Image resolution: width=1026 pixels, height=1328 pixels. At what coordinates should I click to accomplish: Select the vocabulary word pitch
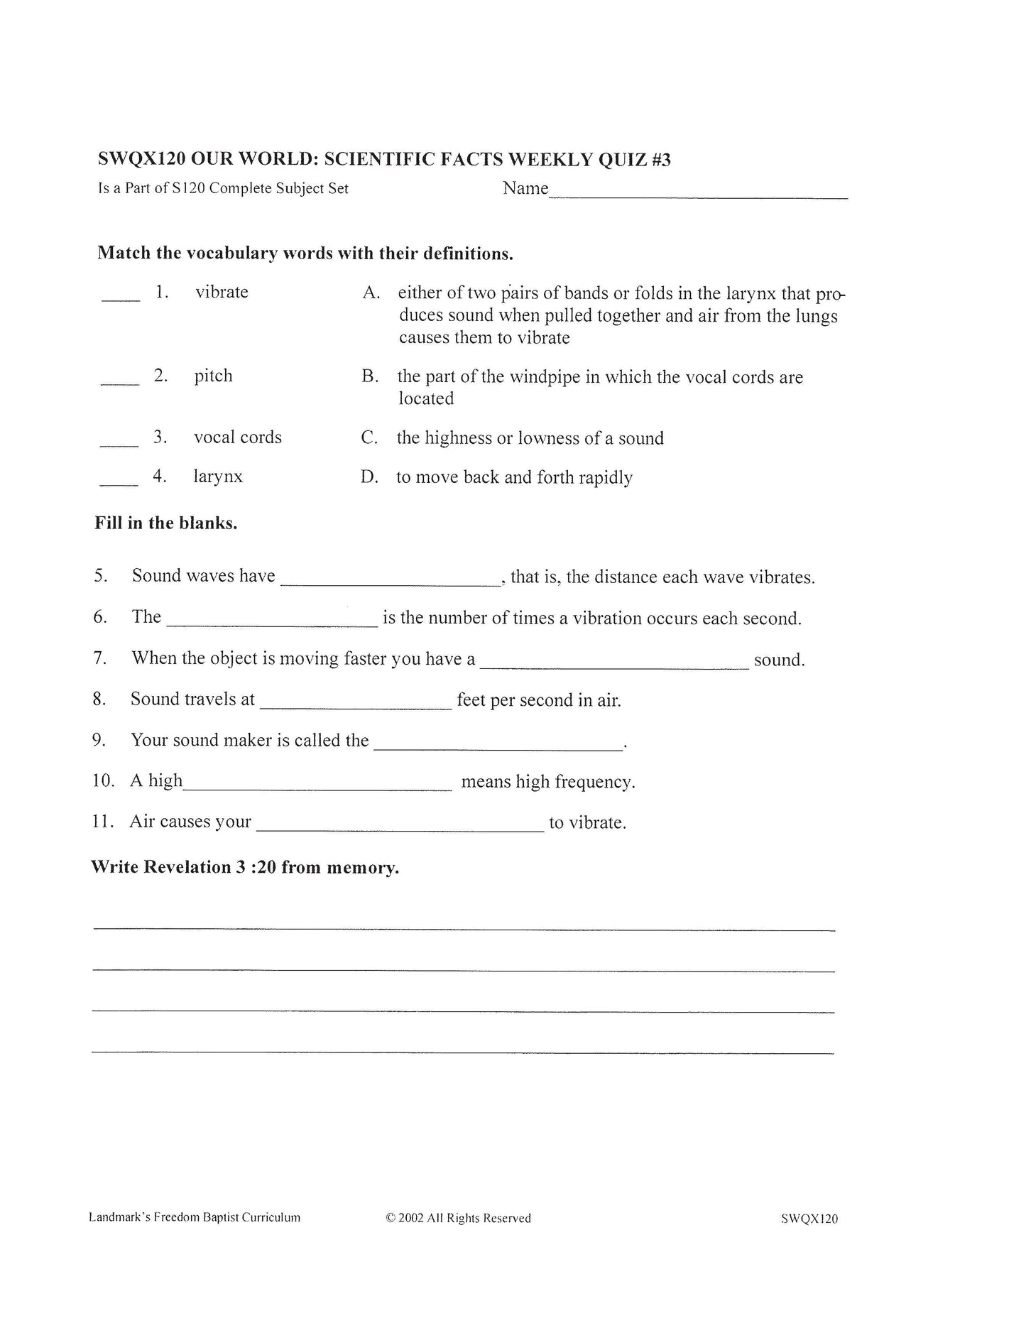coord(213,376)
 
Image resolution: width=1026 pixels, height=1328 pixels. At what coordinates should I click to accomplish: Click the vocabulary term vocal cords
coord(237,437)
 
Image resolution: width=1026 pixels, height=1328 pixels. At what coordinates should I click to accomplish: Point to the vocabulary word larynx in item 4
coord(217,476)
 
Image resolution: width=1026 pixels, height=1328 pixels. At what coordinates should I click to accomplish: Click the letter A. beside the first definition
coord(371,293)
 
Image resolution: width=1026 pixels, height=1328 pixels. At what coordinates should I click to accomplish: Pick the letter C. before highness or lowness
coord(369,437)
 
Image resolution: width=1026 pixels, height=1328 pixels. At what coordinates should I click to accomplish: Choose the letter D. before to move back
coord(369,477)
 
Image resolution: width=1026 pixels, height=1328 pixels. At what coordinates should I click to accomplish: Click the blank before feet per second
coord(356,704)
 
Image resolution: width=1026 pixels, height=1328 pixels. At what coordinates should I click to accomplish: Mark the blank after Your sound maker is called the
coord(498,746)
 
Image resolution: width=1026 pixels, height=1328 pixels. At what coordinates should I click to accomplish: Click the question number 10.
coord(103,780)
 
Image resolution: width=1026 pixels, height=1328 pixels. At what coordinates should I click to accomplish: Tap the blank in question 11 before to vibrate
coord(400,827)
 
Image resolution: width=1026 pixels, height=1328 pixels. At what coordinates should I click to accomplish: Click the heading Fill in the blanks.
coord(166,523)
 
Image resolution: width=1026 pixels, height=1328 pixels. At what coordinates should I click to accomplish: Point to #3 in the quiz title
coord(660,159)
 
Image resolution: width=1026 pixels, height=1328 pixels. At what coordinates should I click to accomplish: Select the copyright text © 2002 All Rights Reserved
coord(458,1218)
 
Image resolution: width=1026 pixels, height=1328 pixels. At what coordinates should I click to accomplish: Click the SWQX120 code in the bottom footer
coord(809,1219)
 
